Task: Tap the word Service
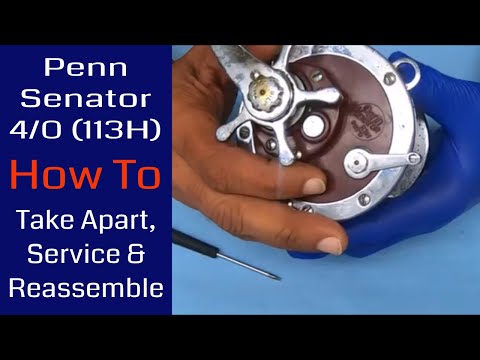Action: coord(69,253)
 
